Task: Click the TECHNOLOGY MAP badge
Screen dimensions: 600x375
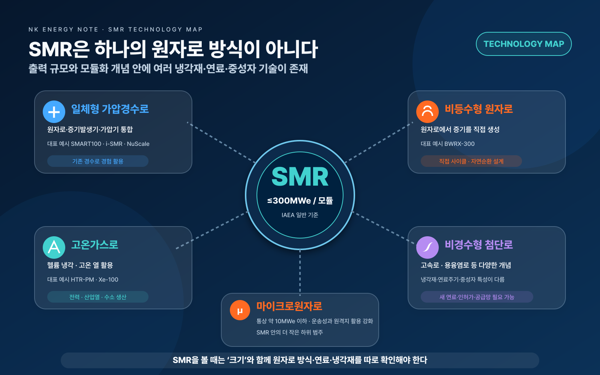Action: click(x=523, y=44)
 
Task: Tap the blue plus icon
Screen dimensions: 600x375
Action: click(x=54, y=112)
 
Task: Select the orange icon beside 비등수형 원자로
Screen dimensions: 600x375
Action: click(x=427, y=112)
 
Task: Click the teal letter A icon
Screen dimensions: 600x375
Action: click(x=54, y=247)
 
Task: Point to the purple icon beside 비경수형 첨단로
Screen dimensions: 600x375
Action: click(x=427, y=247)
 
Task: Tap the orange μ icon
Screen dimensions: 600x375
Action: click(x=240, y=310)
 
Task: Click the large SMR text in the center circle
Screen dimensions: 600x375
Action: click(x=300, y=177)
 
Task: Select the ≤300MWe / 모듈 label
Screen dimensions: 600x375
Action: click(x=300, y=201)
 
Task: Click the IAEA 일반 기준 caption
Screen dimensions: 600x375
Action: click(x=300, y=215)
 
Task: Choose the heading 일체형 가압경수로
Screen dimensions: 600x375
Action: click(x=110, y=109)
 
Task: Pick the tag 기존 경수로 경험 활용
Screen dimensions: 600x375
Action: click(x=98, y=161)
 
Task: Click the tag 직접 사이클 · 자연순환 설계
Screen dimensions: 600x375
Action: click(x=471, y=161)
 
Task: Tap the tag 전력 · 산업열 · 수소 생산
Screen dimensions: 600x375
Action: click(x=98, y=297)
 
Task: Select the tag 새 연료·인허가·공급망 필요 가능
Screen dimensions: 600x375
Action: click(x=477, y=297)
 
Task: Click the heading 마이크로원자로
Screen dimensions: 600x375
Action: click(x=289, y=306)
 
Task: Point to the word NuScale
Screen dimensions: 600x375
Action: click(x=138, y=144)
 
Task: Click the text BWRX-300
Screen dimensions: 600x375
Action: click(x=459, y=144)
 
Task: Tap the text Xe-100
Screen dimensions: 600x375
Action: click(x=108, y=280)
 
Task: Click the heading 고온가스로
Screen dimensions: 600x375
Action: click(x=94, y=244)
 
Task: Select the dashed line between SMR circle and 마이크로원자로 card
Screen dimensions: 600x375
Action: click(x=300, y=272)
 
